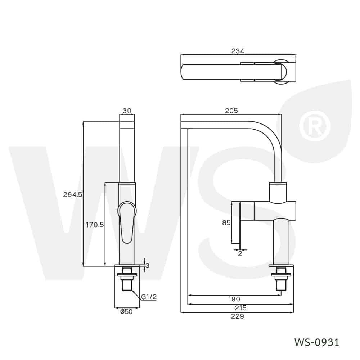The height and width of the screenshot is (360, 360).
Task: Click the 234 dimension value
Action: tap(238, 51)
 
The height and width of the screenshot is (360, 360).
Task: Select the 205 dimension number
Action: tap(231, 111)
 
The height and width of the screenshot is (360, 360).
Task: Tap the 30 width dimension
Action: tap(127, 111)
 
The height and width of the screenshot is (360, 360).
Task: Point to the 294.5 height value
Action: tap(73, 194)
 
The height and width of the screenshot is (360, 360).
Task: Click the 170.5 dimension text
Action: tap(95, 225)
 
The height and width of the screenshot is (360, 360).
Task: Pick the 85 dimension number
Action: tap(226, 223)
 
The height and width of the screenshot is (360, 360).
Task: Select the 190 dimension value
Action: tap(234, 299)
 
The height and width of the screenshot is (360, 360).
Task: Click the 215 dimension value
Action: tap(240, 308)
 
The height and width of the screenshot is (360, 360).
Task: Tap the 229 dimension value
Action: tap(238, 316)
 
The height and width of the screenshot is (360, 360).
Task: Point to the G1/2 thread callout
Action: tap(149, 297)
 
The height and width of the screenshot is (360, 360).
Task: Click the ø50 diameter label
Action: tap(126, 312)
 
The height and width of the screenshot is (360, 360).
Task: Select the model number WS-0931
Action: tap(316, 342)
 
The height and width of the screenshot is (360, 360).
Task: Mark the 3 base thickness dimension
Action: tap(147, 266)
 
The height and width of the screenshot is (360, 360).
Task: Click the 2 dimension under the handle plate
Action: tap(240, 253)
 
